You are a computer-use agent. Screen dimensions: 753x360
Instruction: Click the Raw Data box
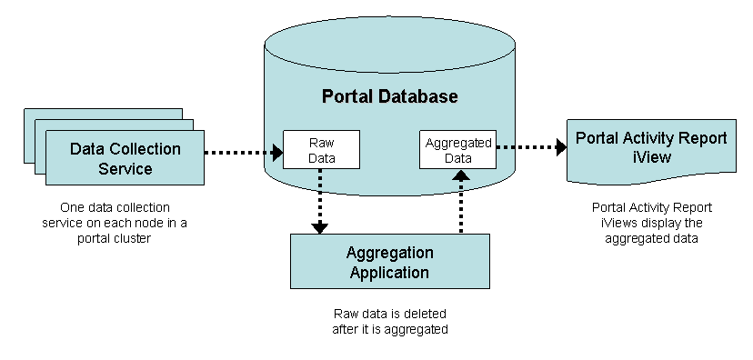321,150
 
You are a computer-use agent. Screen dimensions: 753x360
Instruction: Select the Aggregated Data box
457,150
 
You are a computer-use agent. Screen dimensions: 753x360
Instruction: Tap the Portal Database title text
389,96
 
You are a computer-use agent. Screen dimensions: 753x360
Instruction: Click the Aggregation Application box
390,261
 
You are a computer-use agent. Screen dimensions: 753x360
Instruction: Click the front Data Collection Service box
125,157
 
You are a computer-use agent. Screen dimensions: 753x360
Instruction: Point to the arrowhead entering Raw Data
277,153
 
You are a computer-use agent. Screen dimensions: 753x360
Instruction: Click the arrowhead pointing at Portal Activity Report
561,147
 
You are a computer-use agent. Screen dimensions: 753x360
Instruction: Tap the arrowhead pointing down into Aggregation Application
319,228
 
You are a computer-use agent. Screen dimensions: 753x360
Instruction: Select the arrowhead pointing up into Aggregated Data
461,175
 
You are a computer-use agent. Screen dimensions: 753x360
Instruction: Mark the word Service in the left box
125,169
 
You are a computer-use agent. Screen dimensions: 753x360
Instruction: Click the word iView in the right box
652,157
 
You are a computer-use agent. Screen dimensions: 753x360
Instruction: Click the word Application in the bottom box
389,273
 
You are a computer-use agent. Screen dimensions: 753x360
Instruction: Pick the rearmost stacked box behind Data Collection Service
104,114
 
